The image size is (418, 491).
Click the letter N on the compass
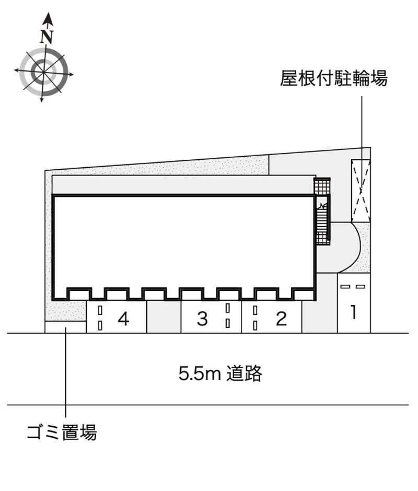tap(48, 37)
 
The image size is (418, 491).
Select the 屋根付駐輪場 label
tap(333, 79)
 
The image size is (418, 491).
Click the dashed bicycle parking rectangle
tap(361, 190)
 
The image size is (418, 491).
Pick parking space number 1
tap(354, 312)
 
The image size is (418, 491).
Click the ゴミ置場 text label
tap(62, 432)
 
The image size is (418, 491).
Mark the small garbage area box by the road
tap(65, 327)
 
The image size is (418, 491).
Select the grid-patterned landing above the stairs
tap(322, 185)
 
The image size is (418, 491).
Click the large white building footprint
tap(183, 240)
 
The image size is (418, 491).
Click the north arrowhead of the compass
tap(48, 20)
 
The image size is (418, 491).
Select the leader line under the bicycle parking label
tap(361, 120)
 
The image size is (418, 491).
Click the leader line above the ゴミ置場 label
tap(66, 376)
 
